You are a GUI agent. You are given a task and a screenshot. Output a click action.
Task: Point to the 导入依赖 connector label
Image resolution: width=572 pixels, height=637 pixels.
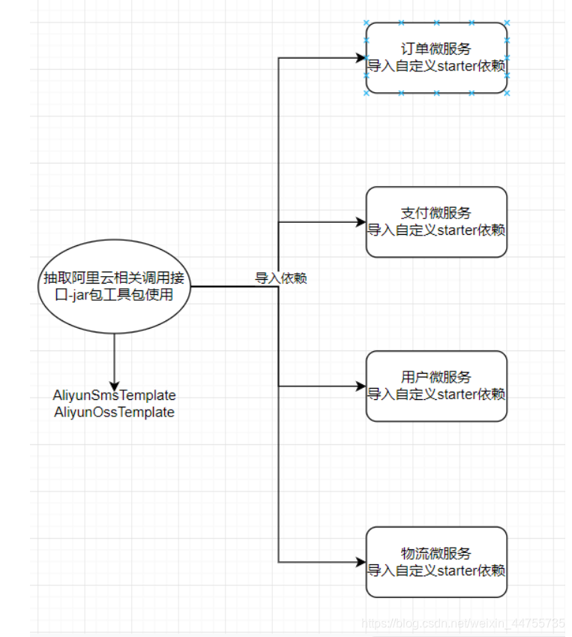tap(281, 278)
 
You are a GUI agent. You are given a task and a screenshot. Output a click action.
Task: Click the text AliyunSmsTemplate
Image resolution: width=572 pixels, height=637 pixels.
tap(115, 395)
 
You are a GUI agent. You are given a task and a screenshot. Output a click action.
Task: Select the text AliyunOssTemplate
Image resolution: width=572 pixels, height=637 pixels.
tap(115, 413)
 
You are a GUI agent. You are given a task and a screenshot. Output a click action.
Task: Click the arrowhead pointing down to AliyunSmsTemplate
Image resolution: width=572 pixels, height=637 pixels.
tap(115, 381)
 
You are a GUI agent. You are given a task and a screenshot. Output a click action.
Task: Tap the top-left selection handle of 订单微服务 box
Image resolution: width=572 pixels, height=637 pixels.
tap(367, 23)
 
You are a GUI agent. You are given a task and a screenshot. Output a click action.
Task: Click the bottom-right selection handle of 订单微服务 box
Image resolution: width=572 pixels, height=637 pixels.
tap(508, 93)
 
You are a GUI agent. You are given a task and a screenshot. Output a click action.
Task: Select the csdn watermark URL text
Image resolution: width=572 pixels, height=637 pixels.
tap(463, 623)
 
